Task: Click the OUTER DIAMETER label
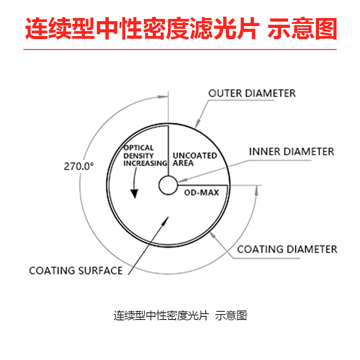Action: point(252,94)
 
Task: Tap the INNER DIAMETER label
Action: point(292,152)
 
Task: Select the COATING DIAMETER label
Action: point(287,249)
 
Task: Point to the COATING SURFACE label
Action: point(76,270)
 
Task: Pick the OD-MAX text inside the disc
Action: point(202,193)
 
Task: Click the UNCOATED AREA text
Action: point(195,159)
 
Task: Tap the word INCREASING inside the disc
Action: point(145,163)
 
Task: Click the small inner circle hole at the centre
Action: point(168,185)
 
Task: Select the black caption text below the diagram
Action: point(180,315)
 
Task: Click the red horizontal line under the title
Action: point(180,50)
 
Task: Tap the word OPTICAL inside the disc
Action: point(139,148)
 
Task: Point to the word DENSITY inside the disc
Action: point(139,155)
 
